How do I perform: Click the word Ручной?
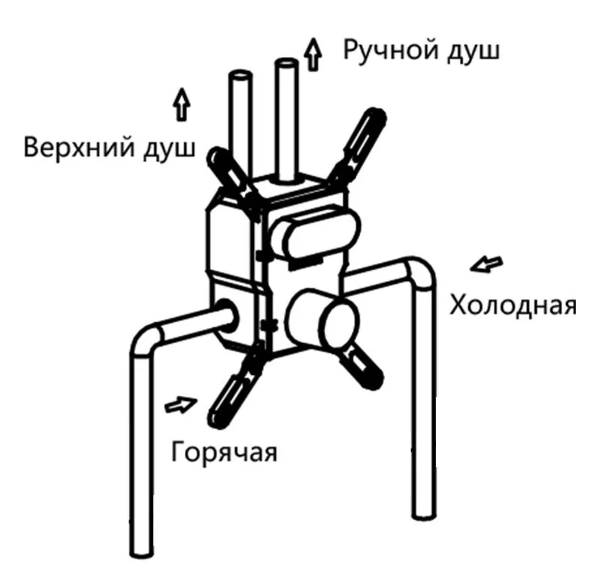[x=391, y=51]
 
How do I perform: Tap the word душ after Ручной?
[x=473, y=52]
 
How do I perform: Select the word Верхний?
[x=79, y=147]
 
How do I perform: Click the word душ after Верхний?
[x=169, y=149]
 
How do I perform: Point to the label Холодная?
[x=513, y=306]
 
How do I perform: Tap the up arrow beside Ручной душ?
[x=313, y=54]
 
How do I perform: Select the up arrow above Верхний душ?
[x=182, y=104]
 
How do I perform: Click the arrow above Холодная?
[x=486, y=264]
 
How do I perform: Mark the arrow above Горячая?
[x=181, y=405]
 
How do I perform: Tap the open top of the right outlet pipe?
[x=286, y=63]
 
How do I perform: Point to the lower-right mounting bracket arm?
[x=362, y=367]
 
